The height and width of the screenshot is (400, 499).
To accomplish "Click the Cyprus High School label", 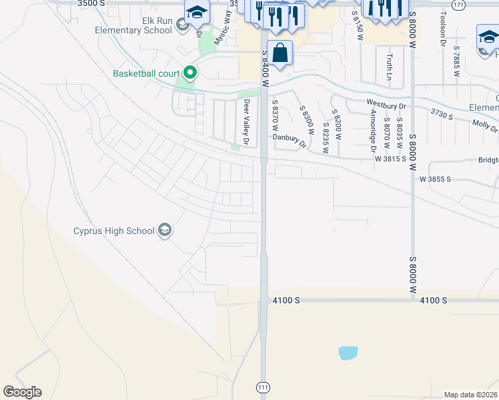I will point(113,231).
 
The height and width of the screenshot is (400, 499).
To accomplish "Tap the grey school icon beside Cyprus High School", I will point(165,231).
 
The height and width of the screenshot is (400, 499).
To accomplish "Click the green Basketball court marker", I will point(190,73).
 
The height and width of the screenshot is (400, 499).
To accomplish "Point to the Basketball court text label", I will point(146,73).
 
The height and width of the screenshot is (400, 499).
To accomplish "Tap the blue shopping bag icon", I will point(281,53).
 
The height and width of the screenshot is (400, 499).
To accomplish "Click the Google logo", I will point(22,392).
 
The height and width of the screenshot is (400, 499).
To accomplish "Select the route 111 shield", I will point(263,387).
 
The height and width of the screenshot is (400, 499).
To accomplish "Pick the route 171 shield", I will point(457,5).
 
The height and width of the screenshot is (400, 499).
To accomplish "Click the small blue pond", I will point(348,353).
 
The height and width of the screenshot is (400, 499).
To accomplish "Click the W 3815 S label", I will point(390,159).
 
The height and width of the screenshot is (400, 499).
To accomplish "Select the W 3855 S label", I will point(436,179).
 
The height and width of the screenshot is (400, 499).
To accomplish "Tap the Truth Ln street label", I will point(390,67).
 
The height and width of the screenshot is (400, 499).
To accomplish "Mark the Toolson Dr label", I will point(442,29).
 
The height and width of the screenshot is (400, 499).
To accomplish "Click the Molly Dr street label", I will point(484,125).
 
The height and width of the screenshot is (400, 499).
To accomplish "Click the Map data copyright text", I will point(470,395).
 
